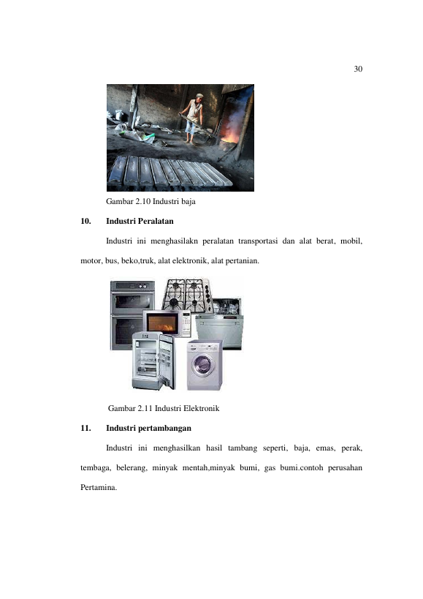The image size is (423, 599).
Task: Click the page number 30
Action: tap(358, 69)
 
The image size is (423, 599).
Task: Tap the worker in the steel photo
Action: tap(194, 118)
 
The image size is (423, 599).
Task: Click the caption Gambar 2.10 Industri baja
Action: tap(150, 201)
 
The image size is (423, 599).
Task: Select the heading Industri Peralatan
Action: tap(140, 221)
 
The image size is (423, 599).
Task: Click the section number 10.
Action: tap(85, 221)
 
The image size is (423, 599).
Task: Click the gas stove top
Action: tap(186, 294)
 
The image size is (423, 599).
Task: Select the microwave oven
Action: tap(167, 323)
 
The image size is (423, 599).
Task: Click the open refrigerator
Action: tap(153, 361)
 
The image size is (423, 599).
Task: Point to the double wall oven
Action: tap(132, 315)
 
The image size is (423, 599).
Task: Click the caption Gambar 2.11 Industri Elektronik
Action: tap(164, 408)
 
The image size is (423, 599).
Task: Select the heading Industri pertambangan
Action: tap(149, 429)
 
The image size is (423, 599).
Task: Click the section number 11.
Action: tap(85, 429)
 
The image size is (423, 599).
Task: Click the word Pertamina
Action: tap(99, 487)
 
